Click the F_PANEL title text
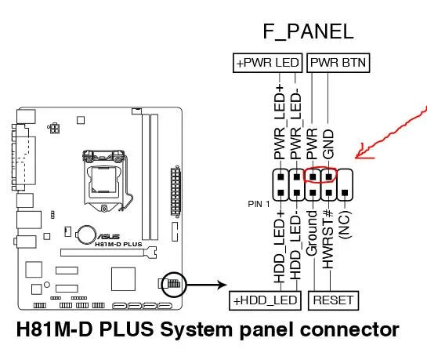[x=307, y=32]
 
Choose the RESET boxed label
[x=332, y=300]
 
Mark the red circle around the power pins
[x=320, y=176]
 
